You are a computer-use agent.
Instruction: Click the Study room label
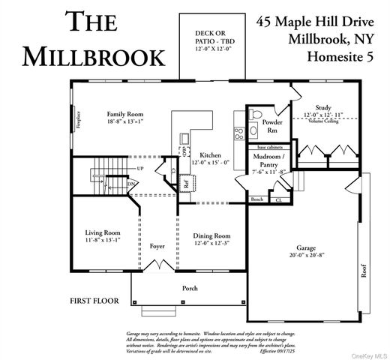322,108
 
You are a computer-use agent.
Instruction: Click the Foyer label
157,245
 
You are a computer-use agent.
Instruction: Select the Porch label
190,287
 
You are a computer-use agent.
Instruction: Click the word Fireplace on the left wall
77,121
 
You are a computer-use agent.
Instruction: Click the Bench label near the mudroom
256,199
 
